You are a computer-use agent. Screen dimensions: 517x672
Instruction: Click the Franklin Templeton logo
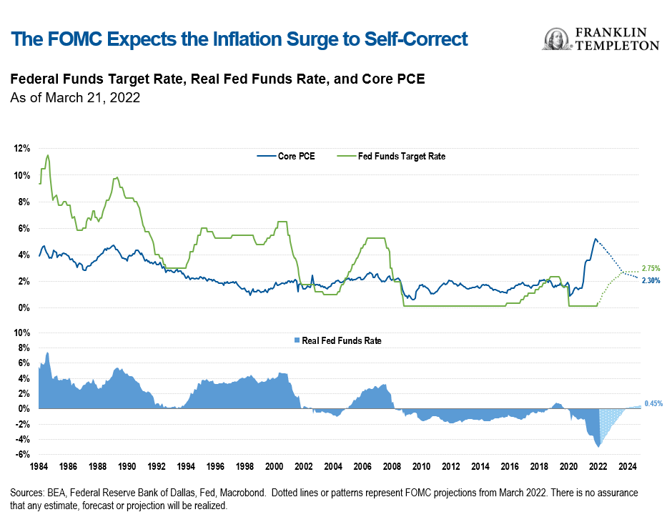click(601, 39)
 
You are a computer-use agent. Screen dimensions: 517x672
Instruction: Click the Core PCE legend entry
click(287, 156)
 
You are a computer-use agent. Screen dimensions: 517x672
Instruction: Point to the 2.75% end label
click(650, 268)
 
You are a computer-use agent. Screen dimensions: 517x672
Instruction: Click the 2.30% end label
click(650, 281)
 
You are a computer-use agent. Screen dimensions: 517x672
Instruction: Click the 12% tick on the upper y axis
click(21, 148)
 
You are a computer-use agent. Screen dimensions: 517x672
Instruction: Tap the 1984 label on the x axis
click(39, 466)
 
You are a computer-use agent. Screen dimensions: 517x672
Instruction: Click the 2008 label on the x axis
click(392, 466)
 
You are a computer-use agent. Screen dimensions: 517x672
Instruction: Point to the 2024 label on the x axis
click(627, 466)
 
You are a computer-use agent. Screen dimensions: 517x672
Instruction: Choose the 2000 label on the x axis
click(274, 466)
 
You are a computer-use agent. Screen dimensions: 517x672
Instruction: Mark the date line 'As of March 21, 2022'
click(74, 98)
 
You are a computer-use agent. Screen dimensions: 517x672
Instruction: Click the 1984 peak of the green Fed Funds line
click(48, 155)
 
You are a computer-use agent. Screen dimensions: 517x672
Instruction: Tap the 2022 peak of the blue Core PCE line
click(596, 239)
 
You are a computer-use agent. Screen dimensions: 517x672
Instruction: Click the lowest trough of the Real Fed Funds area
click(598, 447)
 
